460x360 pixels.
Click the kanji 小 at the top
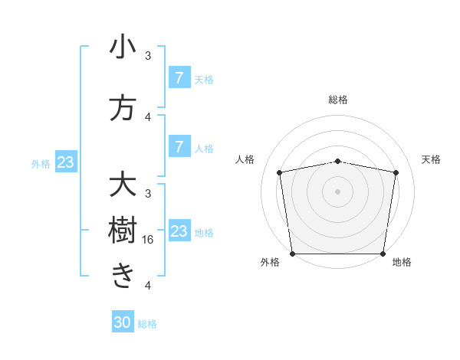(123, 47)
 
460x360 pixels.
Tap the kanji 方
(123, 108)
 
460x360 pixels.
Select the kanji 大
(123, 185)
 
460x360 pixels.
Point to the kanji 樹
(123, 231)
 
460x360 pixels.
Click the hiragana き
(123, 276)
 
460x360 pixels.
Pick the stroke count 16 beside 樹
(149, 239)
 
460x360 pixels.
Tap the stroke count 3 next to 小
(148, 56)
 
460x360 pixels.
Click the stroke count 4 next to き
(148, 286)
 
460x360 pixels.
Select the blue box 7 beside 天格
(179, 77)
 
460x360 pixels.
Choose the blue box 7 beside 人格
(179, 146)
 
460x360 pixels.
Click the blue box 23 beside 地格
(179, 231)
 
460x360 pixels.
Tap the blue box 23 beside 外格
(65, 162)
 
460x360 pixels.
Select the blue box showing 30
(123, 322)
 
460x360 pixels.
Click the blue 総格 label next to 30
(147, 324)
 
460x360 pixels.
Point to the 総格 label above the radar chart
(338, 100)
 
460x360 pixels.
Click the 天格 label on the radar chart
(431, 159)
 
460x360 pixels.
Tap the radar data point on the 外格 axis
(292, 254)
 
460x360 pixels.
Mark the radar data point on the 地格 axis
(383, 254)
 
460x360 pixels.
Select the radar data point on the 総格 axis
(338, 161)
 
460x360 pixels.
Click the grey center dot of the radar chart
(338, 191)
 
